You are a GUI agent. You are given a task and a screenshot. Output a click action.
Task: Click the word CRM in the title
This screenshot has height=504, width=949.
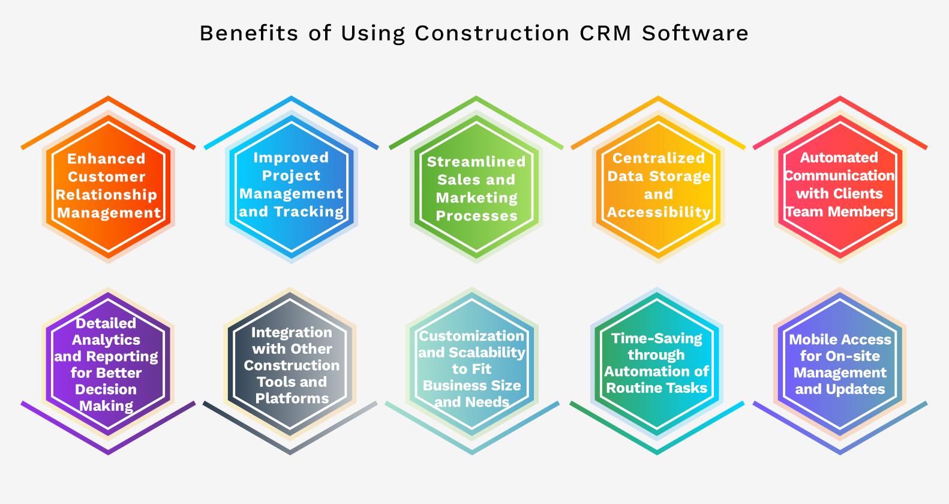pyautogui.click(x=605, y=33)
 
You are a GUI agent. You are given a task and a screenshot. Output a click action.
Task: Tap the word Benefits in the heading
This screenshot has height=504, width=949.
pyautogui.click(x=249, y=33)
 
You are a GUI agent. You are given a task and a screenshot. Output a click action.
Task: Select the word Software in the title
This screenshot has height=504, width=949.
pyautogui.click(x=695, y=33)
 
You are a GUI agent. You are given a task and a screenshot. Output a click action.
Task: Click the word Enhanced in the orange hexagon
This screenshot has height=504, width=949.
pyautogui.click(x=106, y=158)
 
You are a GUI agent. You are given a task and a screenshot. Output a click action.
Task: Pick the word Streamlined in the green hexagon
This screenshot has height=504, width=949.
pyautogui.click(x=476, y=161)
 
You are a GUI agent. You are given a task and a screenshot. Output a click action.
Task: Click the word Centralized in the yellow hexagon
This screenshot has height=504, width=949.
pyautogui.click(x=659, y=158)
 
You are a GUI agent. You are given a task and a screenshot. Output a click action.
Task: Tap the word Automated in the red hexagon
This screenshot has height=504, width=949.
pyautogui.click(x=839, y=157)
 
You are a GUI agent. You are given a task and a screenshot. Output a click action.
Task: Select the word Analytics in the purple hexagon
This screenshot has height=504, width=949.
pyautogui.click(x=106, y=340)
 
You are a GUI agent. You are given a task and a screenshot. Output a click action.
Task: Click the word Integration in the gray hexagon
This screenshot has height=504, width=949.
pyautogui.click(x=292, y=332)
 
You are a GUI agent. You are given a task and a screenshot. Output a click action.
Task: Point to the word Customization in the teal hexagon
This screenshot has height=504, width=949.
pyautogui.click(x=472, y=336)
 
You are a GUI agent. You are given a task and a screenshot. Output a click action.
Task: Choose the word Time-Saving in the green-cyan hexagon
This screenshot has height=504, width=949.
pyautogui.click(x=657, y=338)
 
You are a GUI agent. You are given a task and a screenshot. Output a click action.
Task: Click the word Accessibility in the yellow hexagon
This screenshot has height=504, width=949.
pyautogui.click(x=659, y=212)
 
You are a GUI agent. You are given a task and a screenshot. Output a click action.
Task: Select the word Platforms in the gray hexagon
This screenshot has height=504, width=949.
pyautogui.click(x=292, y=398)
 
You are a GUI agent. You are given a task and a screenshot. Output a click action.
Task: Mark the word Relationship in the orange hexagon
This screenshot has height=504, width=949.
pyautogui.click(x=106, y=195)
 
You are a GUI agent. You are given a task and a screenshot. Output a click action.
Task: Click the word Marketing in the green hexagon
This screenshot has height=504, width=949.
pyautogui.click(x=477, y=198)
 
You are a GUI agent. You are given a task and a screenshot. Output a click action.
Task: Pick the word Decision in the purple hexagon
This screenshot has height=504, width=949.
pyautogui.click(x=106, y=389)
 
